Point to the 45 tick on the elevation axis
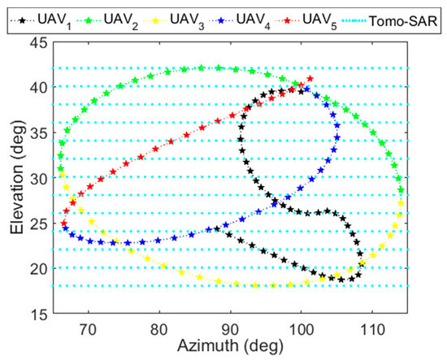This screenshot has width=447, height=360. click(37, 41)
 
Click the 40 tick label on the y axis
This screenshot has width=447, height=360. click(37, 87)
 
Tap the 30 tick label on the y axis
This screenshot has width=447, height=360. click(37, 177)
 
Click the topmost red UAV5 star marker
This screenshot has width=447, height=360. click(310, 79)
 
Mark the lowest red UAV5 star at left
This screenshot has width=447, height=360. click(64, 223)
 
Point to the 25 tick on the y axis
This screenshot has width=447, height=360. click(37, 223)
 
